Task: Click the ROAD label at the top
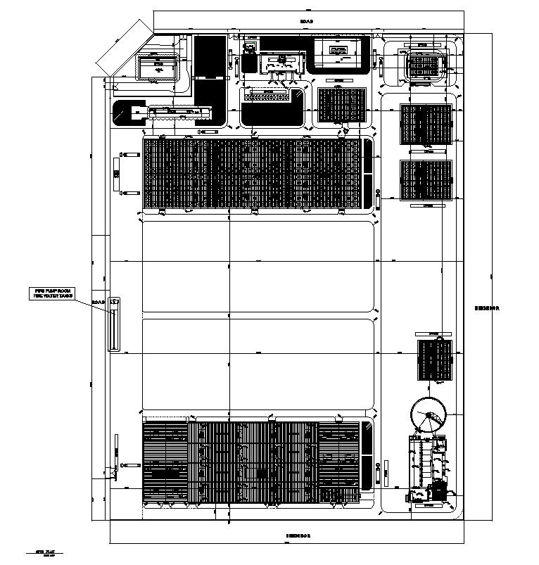coord(306,22)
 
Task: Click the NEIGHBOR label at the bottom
coord(298,535)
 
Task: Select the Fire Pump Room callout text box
coord(54,293)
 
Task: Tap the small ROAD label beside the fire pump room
coord(99,303)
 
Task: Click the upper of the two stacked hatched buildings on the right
coord(426,125)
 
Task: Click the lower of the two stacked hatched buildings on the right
coord(426,180)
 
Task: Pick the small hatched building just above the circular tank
coord(434,360)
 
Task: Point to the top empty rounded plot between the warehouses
coord(258,266)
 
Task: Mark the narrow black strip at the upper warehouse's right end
coord(367,173)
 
